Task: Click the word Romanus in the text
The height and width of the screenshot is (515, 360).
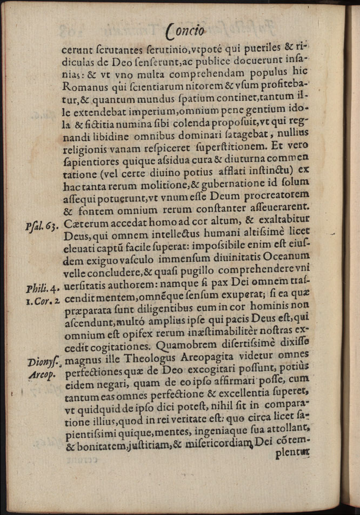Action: [x=84, y=85]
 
